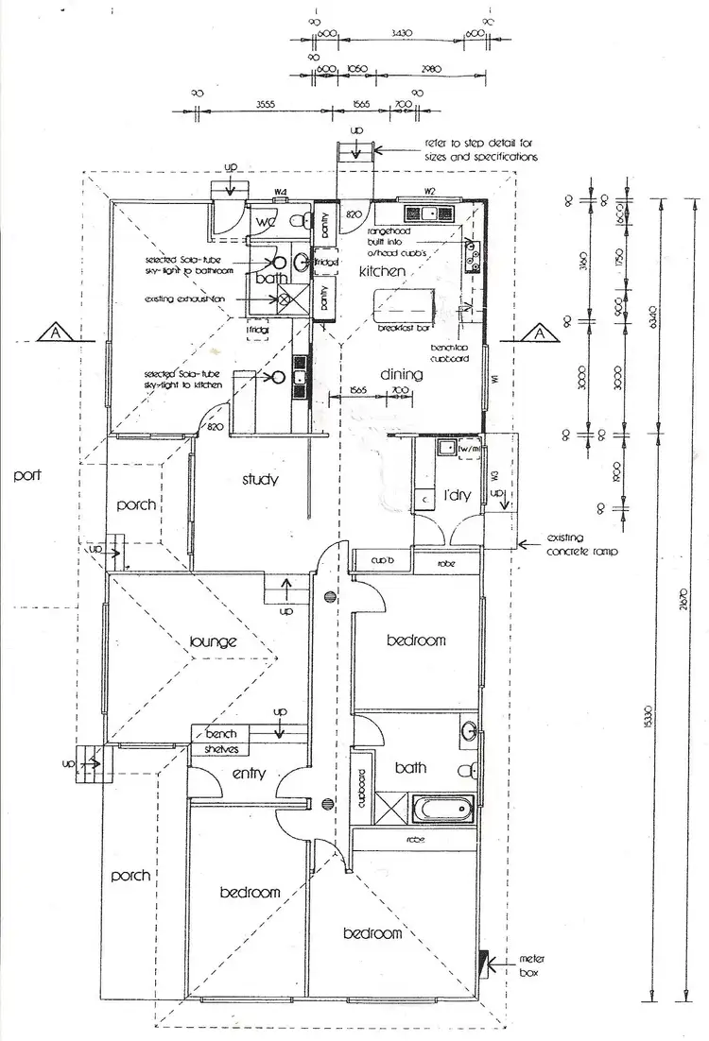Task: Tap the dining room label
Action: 401,375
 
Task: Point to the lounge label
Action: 212,642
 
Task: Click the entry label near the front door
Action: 247,775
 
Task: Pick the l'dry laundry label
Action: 458,495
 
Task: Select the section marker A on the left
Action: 58,333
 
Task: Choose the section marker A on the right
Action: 537,333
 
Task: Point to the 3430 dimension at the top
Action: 402,33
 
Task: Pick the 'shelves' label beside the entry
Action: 223,749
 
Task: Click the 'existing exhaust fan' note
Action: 186,299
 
